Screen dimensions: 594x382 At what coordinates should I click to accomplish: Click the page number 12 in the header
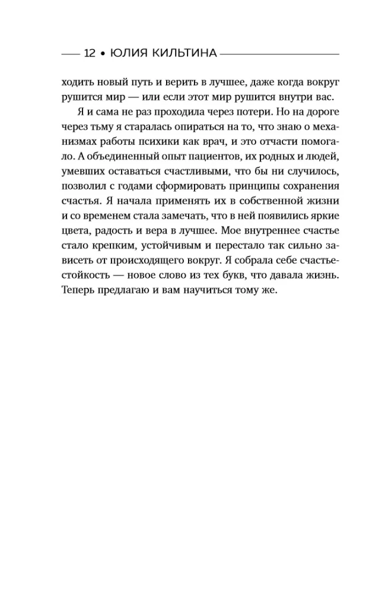[90, 53]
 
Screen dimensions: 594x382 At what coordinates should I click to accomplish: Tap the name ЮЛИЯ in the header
[126, 53]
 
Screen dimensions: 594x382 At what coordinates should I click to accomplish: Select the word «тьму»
[105, 128]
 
